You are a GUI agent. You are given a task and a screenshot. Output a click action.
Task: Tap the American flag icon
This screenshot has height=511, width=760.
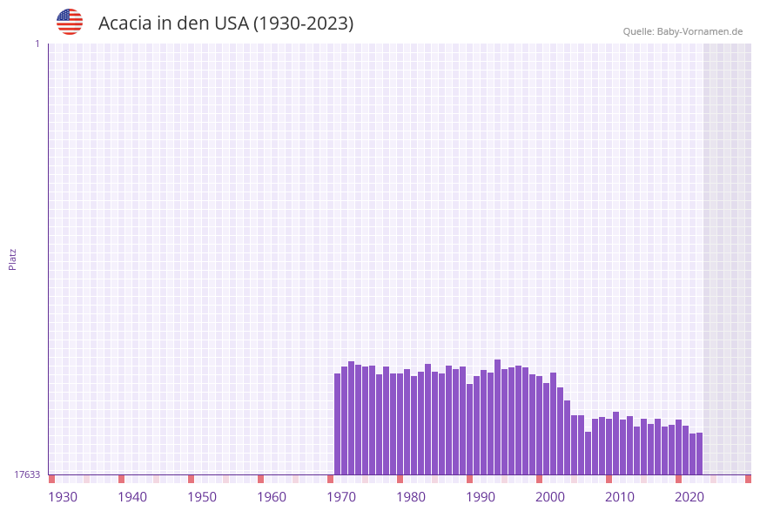coord(70,22)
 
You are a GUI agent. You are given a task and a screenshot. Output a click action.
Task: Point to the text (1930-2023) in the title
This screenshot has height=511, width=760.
coord(303,24)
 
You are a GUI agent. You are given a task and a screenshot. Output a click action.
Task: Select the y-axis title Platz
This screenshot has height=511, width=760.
coord(13,259)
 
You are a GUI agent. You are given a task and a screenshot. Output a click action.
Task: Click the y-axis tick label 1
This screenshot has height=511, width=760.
coord(37,44)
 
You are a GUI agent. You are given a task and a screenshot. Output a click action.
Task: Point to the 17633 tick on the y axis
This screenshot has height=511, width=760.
coord(27,474)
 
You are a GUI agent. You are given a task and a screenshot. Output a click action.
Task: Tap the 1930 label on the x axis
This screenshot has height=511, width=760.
coord(63,497)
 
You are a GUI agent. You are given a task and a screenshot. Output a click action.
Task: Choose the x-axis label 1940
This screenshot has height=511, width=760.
coord(132,497)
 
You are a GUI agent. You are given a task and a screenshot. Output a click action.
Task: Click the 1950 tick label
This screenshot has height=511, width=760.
coord(202,497)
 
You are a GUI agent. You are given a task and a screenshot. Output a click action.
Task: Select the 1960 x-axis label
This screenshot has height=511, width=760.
coord(272,497)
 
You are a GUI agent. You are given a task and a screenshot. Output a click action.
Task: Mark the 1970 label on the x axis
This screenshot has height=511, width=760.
coord(341,497)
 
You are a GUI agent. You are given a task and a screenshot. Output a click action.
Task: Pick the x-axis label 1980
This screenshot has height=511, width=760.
coord(411,497)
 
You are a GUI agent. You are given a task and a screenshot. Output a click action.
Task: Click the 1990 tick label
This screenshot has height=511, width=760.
coord(481,497)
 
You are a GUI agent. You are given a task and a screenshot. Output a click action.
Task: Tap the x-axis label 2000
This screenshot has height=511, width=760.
coord(550,497)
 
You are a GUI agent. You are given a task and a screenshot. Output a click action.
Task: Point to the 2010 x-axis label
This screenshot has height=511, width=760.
coord(620,497)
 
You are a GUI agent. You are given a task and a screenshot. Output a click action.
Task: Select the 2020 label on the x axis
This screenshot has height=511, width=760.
coord(689,497)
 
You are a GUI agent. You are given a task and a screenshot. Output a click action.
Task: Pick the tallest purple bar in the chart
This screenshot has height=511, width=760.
coord(498,417)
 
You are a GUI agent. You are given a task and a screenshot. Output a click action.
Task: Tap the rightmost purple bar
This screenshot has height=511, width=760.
coord(699,454)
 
